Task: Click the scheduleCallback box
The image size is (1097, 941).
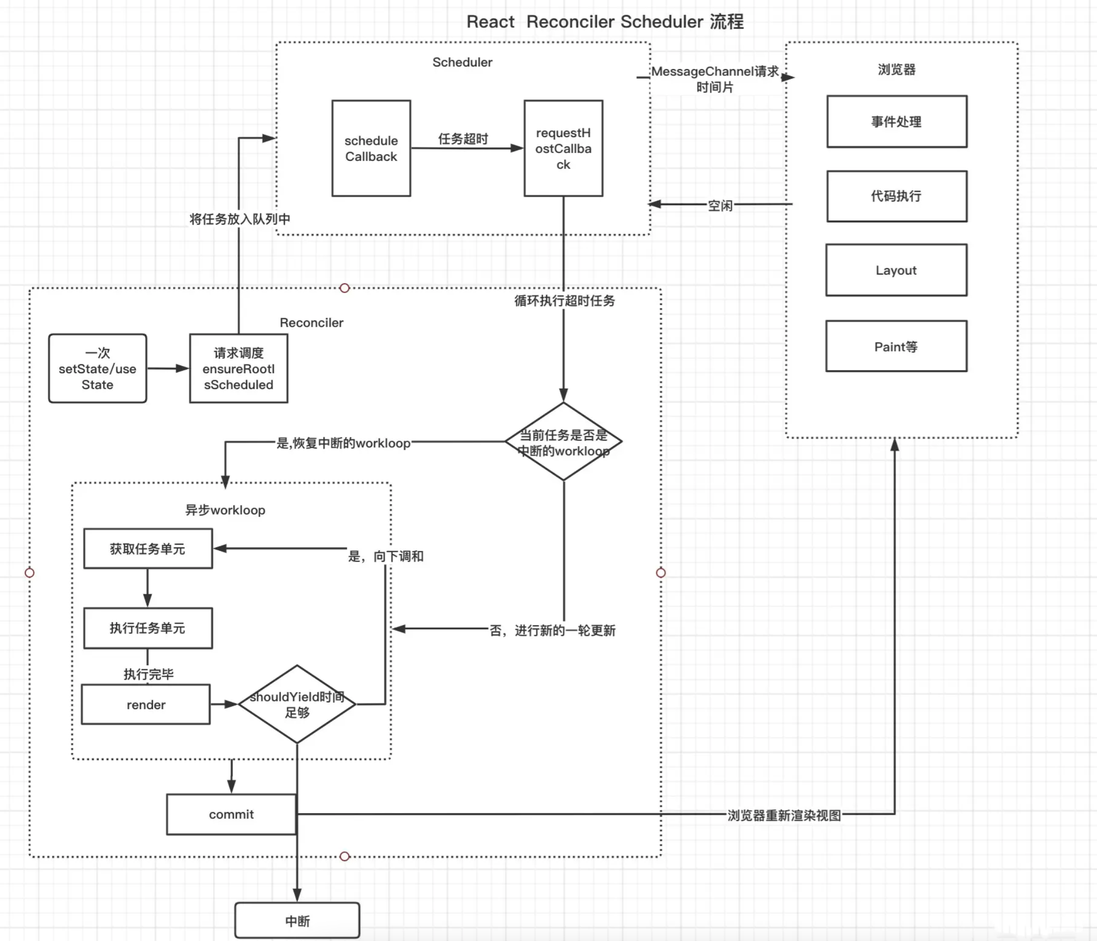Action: point(371,148)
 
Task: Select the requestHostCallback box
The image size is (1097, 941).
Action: point(563,148)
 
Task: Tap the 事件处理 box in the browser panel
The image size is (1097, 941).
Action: point(896,121)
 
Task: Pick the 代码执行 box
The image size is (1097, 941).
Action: point(896,196)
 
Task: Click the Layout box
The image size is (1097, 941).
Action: point(896,270)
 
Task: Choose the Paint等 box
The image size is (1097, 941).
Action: point(896,346)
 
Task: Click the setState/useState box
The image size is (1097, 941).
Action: point(97,368)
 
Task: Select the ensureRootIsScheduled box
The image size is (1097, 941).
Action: point(238,368)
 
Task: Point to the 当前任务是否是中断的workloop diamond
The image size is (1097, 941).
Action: point(563,442)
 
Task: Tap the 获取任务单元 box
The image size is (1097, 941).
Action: point(148,548)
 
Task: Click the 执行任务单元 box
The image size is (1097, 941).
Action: point(148,628)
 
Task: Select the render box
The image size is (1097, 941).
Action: point(146,704)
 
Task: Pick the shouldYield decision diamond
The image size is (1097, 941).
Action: point(297,704)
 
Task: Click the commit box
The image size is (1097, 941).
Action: point(231,814)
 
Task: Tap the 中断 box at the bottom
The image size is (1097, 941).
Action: point(297,921)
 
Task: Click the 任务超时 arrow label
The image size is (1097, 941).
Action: point(462,139)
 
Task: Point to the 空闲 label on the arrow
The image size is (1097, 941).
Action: point(720,205)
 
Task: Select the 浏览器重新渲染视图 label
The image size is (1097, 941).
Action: point(783,815)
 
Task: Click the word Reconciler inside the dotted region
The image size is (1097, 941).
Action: point(311,323)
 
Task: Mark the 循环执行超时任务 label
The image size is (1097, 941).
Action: point(564,301)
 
